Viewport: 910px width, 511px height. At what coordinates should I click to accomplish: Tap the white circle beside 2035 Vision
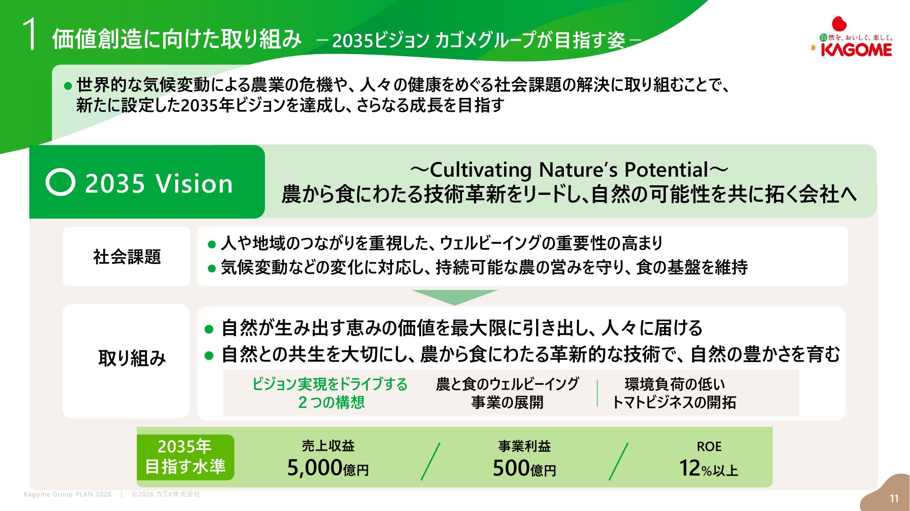point(60,182)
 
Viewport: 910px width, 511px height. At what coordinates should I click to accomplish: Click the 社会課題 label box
point(126,257)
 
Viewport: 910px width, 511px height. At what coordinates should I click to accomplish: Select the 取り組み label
point(132,358)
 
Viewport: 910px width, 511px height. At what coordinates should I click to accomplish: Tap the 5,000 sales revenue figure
point(315,468)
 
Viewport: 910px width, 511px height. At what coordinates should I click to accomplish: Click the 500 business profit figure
point(511,468)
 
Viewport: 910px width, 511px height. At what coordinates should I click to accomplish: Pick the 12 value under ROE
point(689,468)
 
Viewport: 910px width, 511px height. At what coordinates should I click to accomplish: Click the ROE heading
point(709,447)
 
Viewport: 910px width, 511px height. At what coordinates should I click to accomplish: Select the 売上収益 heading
point(328,446)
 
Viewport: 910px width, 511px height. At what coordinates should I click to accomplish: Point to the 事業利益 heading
point(524,446)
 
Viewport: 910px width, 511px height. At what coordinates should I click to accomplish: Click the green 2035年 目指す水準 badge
point(186,457)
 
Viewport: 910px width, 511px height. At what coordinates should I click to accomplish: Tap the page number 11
point(894,498)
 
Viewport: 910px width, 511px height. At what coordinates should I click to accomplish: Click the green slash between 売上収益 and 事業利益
point(431,461)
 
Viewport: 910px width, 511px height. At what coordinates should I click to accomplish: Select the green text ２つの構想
point(331,402)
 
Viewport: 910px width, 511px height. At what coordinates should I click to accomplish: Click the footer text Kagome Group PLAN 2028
point(67,494)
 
